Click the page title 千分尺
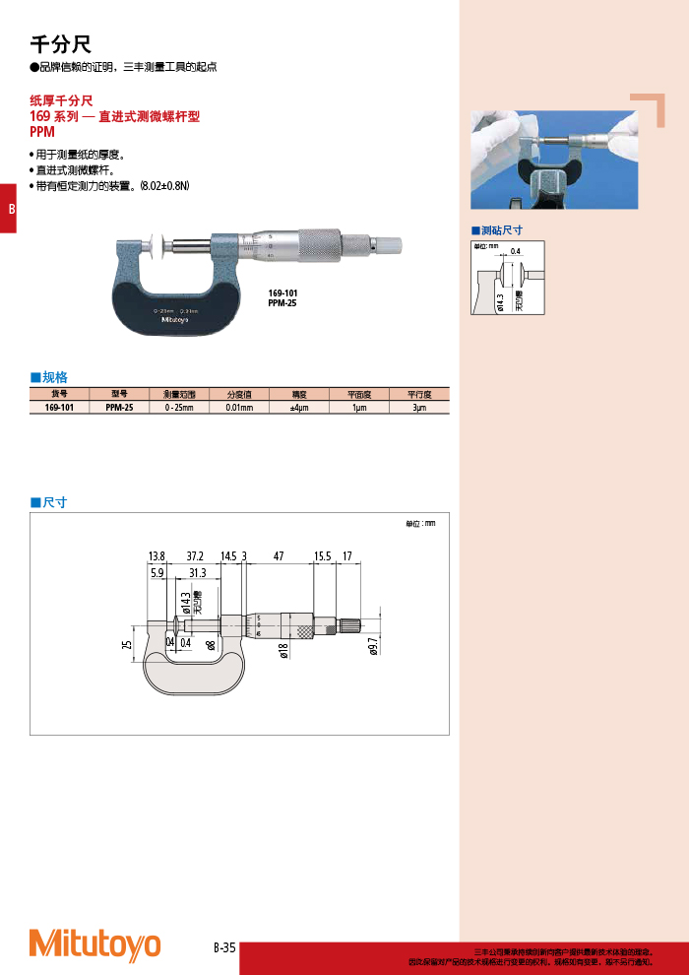(x=61, y=44)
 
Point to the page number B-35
(x=224, y=947)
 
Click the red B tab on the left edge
(x=10, y=209)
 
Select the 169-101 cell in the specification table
(x=60, y=407)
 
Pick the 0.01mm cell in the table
(x=239, y=407)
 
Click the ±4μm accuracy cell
(x=299, y=407)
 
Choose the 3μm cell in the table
(x=419, y=407)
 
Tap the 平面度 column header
(x=359, y=394)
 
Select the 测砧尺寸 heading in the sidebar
(x=501, y=230)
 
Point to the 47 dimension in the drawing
(x=279, y=556)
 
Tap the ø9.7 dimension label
(x=373, y=646)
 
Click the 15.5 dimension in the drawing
(x=322, y=556)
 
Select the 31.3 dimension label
(x=197, y=572)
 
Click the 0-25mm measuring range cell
(x=179, y=407)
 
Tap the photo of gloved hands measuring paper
(x=554, y=159)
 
